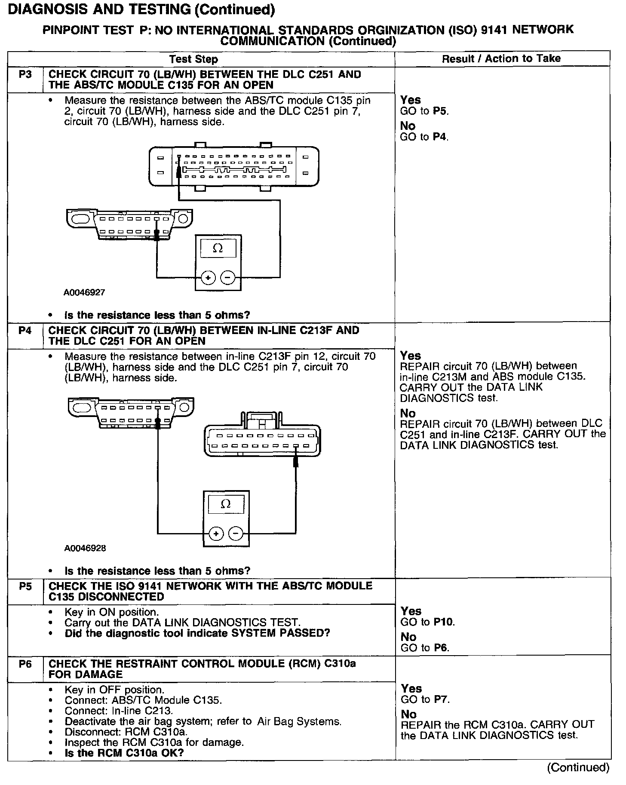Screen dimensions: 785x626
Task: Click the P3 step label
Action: click(25, 75)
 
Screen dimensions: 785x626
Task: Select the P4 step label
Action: click(25, 331)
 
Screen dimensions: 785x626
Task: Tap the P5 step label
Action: click(25, 586)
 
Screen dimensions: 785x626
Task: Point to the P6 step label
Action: click(25, 664)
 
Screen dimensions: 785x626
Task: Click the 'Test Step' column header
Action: click(193, 59)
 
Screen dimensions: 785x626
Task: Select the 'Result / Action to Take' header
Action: click(501, 58)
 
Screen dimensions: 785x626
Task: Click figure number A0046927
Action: click(84, 293)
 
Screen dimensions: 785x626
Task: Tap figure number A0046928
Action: click(85, 549)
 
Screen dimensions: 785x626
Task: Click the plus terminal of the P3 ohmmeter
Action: click(208, 278)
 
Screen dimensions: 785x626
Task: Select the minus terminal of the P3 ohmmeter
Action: click(227, 278)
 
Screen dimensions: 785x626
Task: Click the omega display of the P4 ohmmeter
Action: click(226, 504)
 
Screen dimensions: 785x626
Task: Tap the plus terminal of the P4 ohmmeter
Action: click(216, 534)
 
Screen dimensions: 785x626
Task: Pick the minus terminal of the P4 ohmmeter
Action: click(236, 534)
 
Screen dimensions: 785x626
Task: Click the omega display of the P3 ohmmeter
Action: click(218, 248)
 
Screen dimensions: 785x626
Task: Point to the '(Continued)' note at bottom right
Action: click(578, 767)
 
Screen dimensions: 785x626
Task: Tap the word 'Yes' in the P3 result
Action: click(410, 100)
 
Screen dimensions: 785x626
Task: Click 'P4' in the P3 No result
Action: click(440, 137)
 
